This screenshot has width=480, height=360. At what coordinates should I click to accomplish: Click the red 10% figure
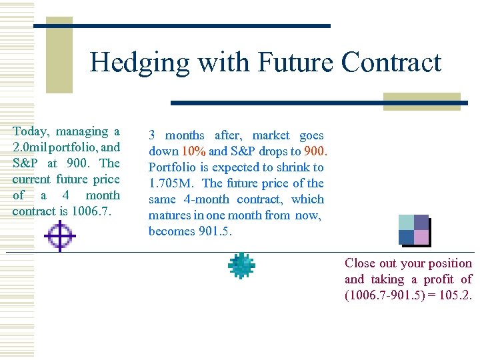[x=194, y=151]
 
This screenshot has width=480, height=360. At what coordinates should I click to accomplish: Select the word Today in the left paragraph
[x=33, y=131]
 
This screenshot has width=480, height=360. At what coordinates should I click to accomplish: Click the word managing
[x=84, y=131]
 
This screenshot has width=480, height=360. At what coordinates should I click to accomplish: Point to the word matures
[x=169, y=215]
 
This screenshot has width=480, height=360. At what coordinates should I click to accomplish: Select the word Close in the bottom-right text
[x=361, y=263]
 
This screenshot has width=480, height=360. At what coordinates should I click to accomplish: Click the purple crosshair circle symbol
[x=60, y=237]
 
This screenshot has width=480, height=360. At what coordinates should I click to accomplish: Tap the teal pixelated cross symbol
[x=241, y=265]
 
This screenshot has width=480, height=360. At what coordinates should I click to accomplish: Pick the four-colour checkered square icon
[x=413, y=229]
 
